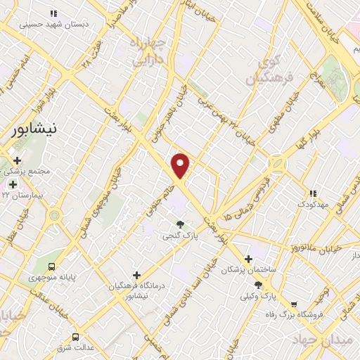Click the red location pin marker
click(181, 165)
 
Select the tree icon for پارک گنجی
click(181, 224)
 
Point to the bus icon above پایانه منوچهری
click(51, 266)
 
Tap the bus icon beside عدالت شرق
click(76, 337)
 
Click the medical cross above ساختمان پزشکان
click(248, 259)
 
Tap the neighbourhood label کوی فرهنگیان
click(266, 71)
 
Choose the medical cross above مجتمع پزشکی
click(17, 161)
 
